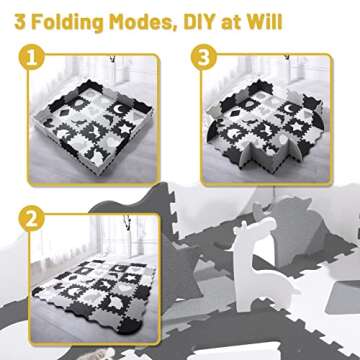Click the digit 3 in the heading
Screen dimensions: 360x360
20,22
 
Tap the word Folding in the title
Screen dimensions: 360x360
68,23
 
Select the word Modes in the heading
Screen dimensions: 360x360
143,22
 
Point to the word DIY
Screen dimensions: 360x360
200,22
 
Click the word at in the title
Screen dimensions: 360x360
232,23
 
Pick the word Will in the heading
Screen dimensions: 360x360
264,22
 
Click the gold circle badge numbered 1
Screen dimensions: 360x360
32,57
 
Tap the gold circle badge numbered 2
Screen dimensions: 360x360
32,218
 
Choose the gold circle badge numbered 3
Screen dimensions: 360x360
204,57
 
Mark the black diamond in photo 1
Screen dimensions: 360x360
64,112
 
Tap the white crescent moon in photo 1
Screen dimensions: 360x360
119,108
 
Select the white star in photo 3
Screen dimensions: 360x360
295,127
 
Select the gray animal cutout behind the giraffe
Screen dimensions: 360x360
292,230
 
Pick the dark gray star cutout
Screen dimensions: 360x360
183,267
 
